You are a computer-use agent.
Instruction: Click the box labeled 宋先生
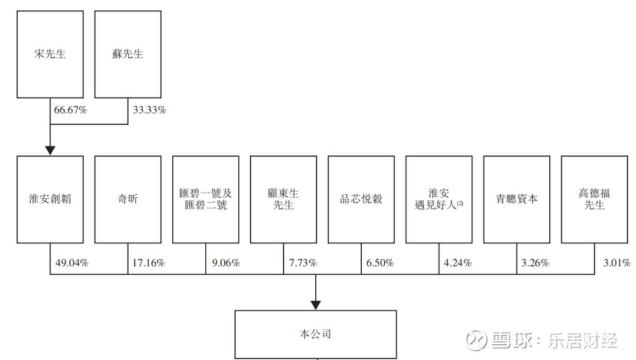click(x=50, y=54)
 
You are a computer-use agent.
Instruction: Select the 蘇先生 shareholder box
click(x=128, y=54)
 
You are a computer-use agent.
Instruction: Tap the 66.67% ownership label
click(x=71, y=110)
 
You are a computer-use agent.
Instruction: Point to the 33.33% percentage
click(x=149, y=110)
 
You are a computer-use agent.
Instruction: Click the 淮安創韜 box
click(x=50, y=199)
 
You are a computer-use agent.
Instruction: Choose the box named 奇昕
click(x=128, y=199)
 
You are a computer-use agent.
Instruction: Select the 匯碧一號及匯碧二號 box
click(x=206, y=199)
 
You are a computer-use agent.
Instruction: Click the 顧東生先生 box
click(x=283, y=199)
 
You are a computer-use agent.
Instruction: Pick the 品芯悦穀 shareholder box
click(x=361, y=199)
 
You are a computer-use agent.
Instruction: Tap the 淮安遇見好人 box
click(x=439, y=199)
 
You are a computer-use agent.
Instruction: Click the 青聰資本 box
click(x=517, y=199)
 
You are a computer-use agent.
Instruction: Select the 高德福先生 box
click(x=594, y=199)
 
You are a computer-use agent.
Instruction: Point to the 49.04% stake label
click(x=72, y=263)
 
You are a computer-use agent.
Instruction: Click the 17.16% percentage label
click(x=148, y=263)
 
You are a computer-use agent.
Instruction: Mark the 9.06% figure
click(x=226, y=263)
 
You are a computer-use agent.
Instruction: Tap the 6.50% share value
click(x=380, y=263)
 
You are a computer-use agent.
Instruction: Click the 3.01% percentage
click(x=617, y=263)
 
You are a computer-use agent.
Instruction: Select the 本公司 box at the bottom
click(x=316, y=335)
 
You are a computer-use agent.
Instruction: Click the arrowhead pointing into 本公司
click(x=316, y=305)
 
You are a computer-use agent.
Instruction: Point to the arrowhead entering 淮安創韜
click(x=50, y=151)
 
